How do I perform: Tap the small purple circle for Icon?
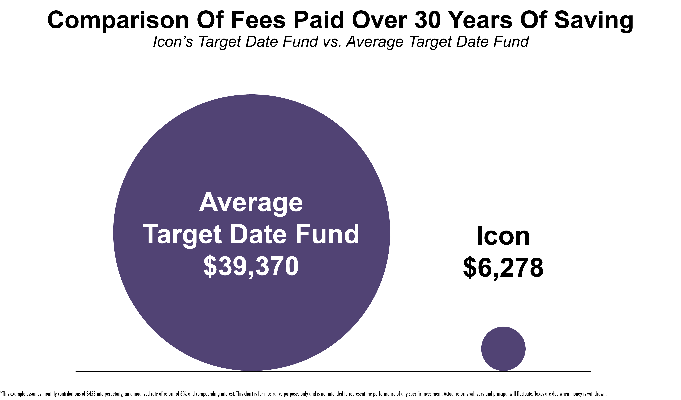[503, 349]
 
